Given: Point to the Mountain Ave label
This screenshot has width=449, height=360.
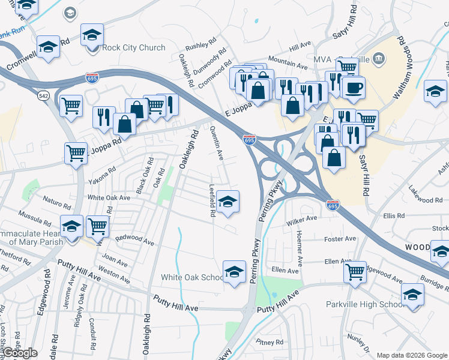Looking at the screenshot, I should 288,62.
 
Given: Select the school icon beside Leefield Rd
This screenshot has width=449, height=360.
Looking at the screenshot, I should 228,202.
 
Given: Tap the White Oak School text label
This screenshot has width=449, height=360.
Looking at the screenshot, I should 193,277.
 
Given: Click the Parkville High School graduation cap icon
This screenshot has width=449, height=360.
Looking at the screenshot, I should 412,295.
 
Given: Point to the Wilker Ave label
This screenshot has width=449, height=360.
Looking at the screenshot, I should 302,220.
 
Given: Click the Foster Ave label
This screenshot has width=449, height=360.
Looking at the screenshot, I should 340,239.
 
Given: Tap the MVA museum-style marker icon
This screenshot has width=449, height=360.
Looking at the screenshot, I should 379,58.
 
